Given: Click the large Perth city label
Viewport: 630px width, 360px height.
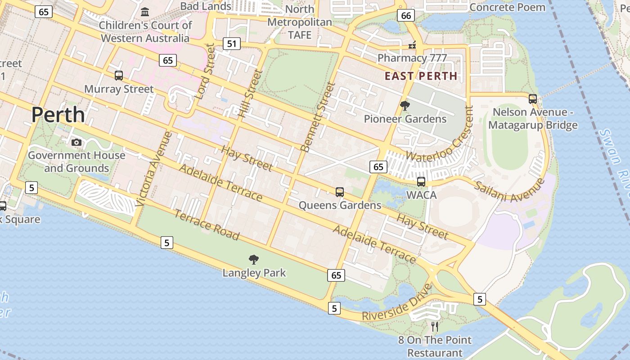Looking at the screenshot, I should (58, 115).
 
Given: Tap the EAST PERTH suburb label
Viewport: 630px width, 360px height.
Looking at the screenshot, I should (421, 76).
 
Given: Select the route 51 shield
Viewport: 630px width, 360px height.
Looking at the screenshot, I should (231, 44).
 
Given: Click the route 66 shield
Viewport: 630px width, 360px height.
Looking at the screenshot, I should (405, 16).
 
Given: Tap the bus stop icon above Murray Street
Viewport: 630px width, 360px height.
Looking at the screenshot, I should (119, 76).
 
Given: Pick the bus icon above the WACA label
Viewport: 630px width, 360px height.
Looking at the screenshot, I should (421, 182).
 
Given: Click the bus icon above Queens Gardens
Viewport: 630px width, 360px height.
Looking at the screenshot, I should (340, 192).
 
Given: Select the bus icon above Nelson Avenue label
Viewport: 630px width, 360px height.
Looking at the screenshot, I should (533, 99).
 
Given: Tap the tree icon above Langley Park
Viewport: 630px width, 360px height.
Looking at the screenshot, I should (254, 259).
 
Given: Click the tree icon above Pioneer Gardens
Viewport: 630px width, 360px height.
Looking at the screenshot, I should (405, 106).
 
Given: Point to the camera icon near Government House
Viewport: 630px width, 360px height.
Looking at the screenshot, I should (76, 143).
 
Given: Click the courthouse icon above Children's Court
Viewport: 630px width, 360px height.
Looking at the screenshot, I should (145, 12).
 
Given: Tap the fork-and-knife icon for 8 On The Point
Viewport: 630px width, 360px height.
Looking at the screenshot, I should (435, 326).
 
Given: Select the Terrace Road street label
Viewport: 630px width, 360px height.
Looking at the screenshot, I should (207, 225).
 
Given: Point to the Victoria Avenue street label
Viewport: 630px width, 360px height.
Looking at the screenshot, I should (153, 168).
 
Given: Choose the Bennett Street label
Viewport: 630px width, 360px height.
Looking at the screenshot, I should (318, 117).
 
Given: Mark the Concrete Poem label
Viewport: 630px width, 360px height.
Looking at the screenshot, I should (507, 7).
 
